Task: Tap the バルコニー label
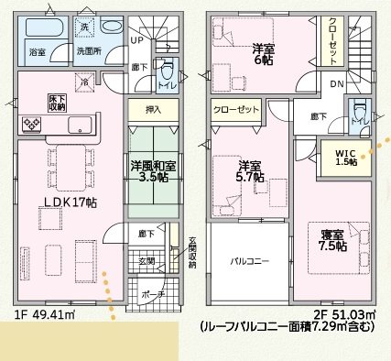tap(248, 262)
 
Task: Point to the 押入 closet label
tap(155, 110)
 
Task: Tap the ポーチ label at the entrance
tap(152, 295)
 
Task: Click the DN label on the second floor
tap(337, 84)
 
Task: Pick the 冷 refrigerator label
tap(85, 82)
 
